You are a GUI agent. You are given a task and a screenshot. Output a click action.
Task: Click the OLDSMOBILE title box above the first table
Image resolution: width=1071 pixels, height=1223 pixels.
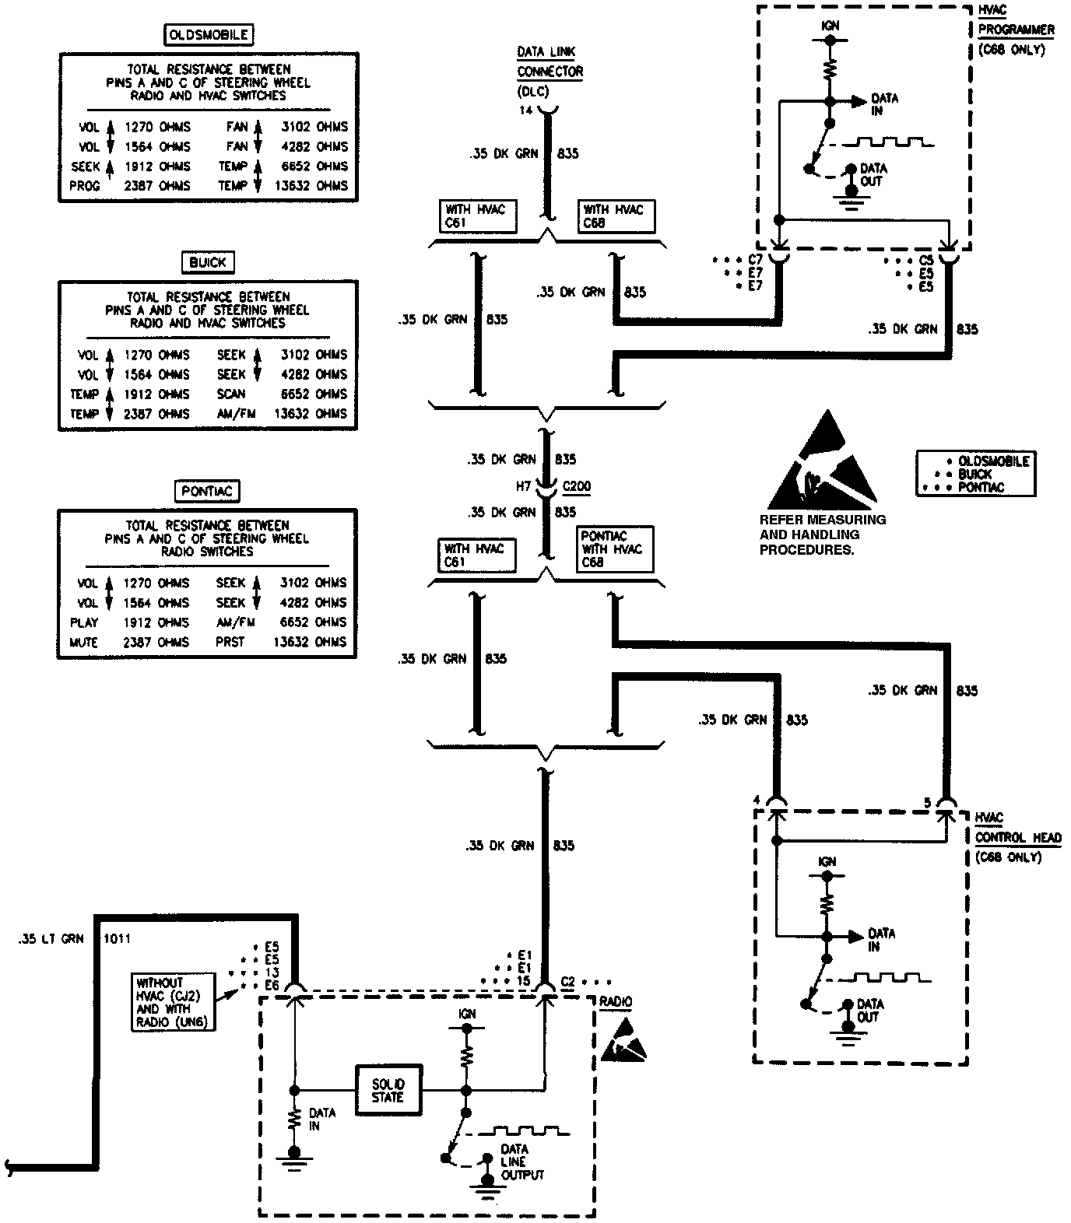(208, 34)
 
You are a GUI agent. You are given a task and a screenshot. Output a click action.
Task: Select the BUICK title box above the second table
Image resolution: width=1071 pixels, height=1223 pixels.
(208, 262)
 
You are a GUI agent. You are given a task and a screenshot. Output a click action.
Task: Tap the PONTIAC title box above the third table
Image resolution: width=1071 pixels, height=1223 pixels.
(207, 491)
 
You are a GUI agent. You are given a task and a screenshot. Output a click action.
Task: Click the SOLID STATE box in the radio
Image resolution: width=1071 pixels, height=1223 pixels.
(388, 1090)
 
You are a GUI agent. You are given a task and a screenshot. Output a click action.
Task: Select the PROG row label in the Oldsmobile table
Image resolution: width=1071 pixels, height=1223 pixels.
(86, 186)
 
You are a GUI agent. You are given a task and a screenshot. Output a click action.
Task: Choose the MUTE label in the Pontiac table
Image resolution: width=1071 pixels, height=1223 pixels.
(84, 643)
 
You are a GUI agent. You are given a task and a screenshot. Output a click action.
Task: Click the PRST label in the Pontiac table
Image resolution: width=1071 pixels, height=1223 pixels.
(230, 643)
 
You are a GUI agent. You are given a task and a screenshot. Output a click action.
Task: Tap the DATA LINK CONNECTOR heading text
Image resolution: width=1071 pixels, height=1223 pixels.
(550, 62)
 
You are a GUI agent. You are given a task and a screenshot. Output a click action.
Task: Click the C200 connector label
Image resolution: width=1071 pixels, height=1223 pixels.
(576, 486)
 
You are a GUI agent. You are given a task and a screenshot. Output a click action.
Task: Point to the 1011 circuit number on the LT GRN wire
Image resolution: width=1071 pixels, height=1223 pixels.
(117, 939)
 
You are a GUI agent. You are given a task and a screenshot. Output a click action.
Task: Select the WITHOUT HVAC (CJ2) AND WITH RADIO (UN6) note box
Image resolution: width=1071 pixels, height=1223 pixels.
(173, 1002)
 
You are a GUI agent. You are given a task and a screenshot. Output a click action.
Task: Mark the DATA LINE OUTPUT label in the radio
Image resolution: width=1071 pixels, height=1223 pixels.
(523, 1162)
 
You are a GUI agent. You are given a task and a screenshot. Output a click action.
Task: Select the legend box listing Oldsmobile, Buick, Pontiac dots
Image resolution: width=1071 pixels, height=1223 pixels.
(976, 474)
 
